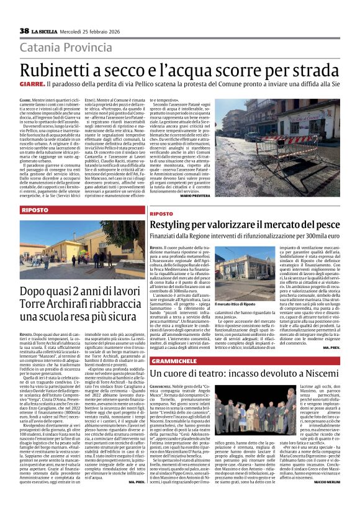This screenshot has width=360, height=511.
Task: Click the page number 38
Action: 24,30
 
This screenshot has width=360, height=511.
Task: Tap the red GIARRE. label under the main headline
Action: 32,83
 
